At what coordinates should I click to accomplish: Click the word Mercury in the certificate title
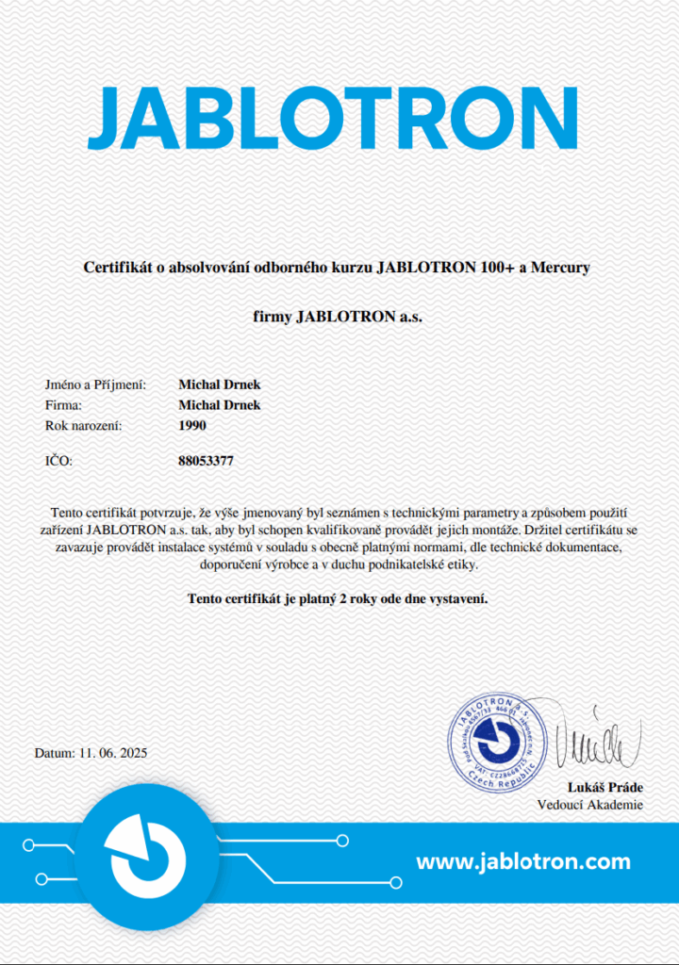pyautogui.click(x=560, y=268)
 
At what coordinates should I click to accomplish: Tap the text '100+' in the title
pyautogui.click(x=496, y=268)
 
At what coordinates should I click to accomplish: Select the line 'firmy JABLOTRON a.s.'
pyautogui.click(x=339, y=317)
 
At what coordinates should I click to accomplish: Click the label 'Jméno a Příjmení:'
pyautogui.click(x=95, y=384)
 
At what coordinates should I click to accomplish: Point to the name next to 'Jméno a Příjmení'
pyautogui.click(x=219, y=384)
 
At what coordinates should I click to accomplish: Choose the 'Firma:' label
pyautogui.click(x=64, y=405)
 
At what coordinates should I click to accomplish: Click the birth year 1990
pyautogui.click(x=191, y=426)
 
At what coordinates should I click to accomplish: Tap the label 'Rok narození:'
pyautogui.click(x=84, y=426)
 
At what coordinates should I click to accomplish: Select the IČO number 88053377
pyautogui.click(x=206, y=462)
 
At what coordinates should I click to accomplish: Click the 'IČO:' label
pyautogui.click(x=58, y=462)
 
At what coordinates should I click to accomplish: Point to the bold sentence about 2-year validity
pyautogui.click(x=339, y=598)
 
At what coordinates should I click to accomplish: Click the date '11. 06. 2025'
pyautogui.click(x=113, y=754)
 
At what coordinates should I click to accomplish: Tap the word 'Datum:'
pyautogui.click(x=54, y=754)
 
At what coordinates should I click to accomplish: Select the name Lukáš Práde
pyautogui.click(x=604, y=788)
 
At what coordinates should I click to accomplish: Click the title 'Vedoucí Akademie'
pyautogui.click(x=589, y=805)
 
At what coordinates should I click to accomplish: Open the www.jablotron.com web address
pyautogui.click(x=522, y=861)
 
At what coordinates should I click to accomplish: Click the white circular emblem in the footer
pyautogui.click(x=146, y=856)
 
